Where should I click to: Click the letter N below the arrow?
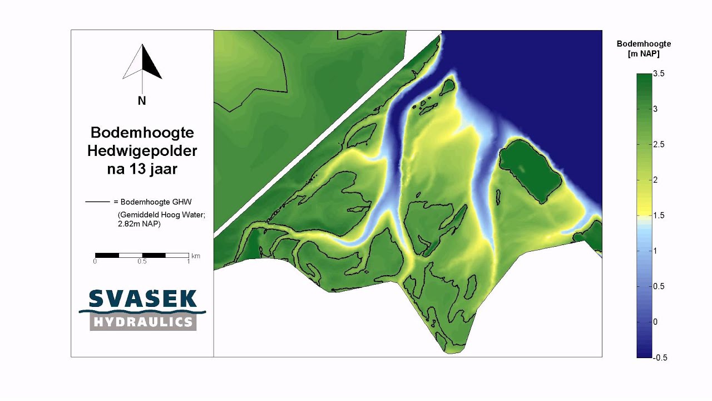pyautogui.click(x=142, y=101)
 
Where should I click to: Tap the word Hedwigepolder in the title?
pyautogui.click(x=142, y=151)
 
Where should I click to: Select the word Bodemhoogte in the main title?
pyautogui.click(x=142, y=133)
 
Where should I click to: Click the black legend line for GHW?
pyautogui.click(x=97, y=202)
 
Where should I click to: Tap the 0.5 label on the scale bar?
pyautogui.click(x=142, y=261)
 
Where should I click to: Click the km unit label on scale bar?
pyautogui.click(x=196, y=256)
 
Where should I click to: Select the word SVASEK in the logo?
pyautogui.click(x=142, y=299)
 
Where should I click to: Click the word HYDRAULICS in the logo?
pyautogui.click(x=143, y=322)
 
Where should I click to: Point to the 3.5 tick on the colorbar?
pyautogui.click(x=659, y=74)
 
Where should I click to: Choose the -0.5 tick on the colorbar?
pyautogui.click(x=660, y=358)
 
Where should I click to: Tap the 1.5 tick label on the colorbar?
pyautogui.click(x=659, y=216)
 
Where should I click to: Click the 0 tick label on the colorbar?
pyautogui.click(x=655, y=322)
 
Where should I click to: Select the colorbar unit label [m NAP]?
pyautogui.click(x=643, y=53)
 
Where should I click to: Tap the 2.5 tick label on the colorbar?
pyautogui.click(x=659, y=145)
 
